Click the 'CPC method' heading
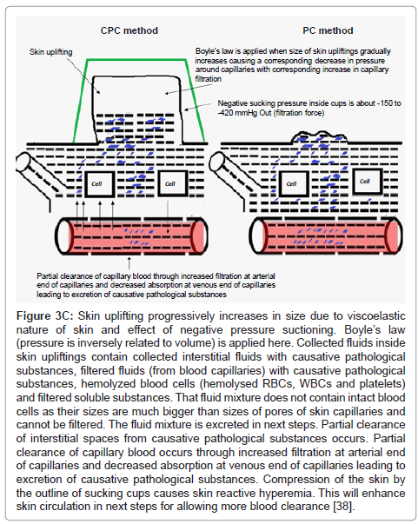click(129, 30)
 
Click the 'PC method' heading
click(328, 30)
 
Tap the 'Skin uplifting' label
click(50, 52)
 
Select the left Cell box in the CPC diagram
click(99, 184)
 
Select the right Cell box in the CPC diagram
click(172, 183)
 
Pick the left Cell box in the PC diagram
click(294, 183)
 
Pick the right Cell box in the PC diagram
click(368, 181)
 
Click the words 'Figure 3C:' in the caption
click(46, 315)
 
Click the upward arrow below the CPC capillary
click(129, 262)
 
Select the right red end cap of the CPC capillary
click(198, 236)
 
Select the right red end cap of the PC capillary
click(393, 235)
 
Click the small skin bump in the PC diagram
click(319, 136)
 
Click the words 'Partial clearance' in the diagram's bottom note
click(58, 276)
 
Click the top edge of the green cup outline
click(136, 60)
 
